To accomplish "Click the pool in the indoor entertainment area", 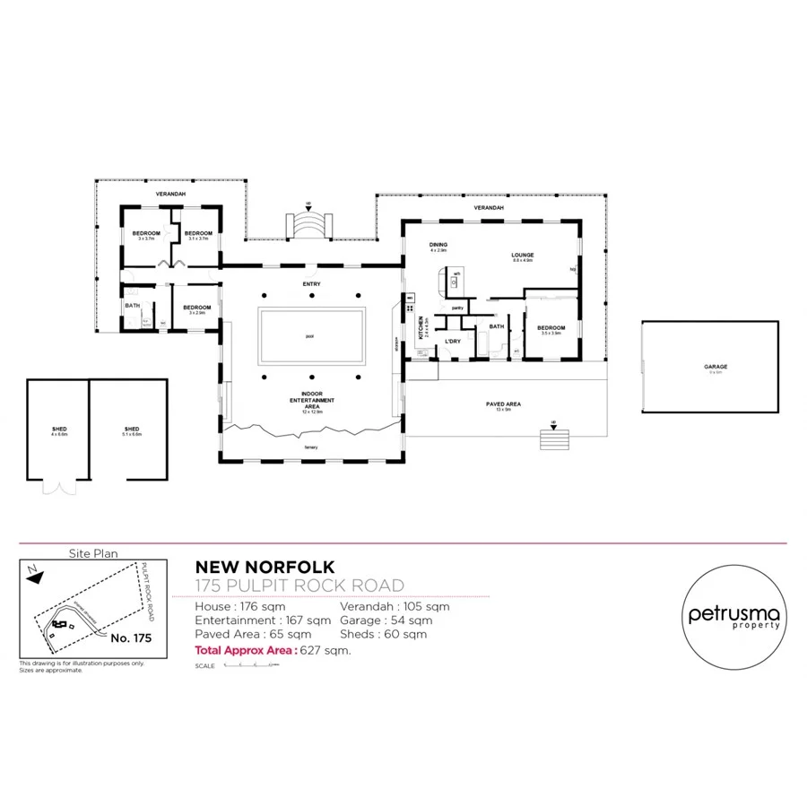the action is pos(310,336).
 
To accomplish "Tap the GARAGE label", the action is pos(715,367).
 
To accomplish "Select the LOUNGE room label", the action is pos(523,256).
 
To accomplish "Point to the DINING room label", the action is pos(438,245).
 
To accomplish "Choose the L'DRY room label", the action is pos(453,341).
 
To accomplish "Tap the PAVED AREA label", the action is pos(508,403).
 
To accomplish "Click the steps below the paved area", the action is pos(554,439).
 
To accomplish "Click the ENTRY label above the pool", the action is pos(311,284).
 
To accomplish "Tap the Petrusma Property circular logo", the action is pos(733,618).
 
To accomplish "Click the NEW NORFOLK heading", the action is pos(265,568).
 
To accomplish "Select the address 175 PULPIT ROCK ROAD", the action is pos(299,586).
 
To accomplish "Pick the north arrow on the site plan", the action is pos(33,577).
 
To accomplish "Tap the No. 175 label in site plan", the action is pos(132,638).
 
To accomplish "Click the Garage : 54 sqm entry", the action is pos(386,620).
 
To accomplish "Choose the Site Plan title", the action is pos(93,554).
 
